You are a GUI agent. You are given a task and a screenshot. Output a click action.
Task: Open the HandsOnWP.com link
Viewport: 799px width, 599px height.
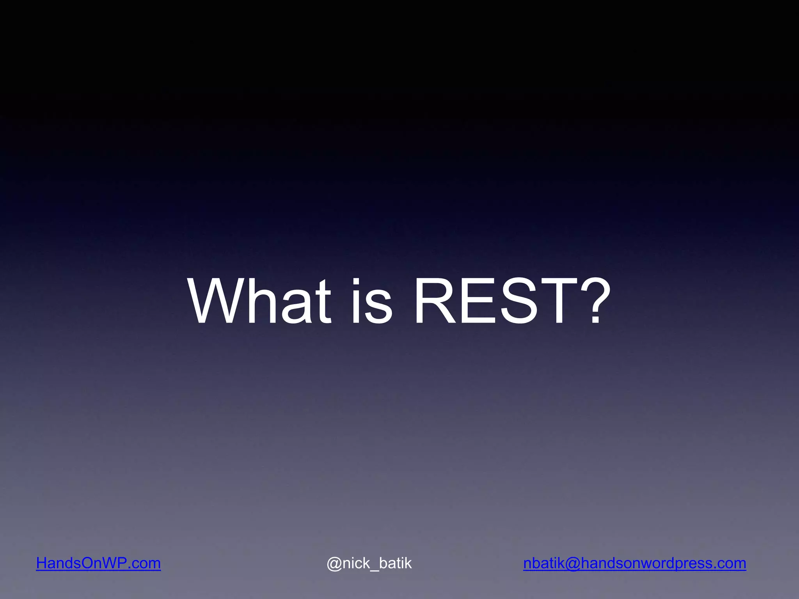click(x=98, y=564)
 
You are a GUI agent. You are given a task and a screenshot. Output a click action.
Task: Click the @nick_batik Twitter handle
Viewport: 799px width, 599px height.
click(x=369, y=564)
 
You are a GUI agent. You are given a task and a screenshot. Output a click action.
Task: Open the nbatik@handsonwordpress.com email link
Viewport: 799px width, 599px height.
click(x=634, y=564)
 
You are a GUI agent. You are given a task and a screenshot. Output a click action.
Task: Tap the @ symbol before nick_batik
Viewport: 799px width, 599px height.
click(x=334, y=564)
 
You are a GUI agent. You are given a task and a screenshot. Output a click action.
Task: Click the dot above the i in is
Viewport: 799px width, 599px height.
click(x=356, y=282)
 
